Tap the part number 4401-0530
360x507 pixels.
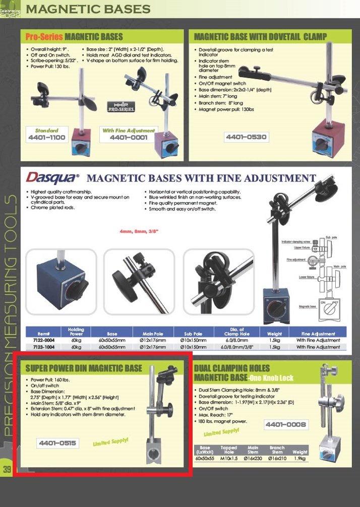click(x=246, y=137)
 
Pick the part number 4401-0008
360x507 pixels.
click(x=285, y=425)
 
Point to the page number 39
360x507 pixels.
click(x=7, y=470)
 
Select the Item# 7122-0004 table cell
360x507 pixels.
click(x=43, y=340)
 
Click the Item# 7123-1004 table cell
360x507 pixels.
click(x=43, y=347)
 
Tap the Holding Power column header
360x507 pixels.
click(x=76, y=332)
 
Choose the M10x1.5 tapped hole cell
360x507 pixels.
click(x=228, y=459)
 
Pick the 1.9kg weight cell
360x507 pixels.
click(x=299, y=459)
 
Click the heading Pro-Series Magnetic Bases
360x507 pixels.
click(x=74, y=37)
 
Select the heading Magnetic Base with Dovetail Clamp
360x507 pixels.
click(x=260, y=37)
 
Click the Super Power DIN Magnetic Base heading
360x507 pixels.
click(x=84, y=368)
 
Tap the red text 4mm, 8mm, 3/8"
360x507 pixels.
click(x=139, y=231)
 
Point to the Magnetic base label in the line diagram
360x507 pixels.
click(x=307, y=306)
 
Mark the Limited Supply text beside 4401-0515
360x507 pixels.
click(x=110, y=442)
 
